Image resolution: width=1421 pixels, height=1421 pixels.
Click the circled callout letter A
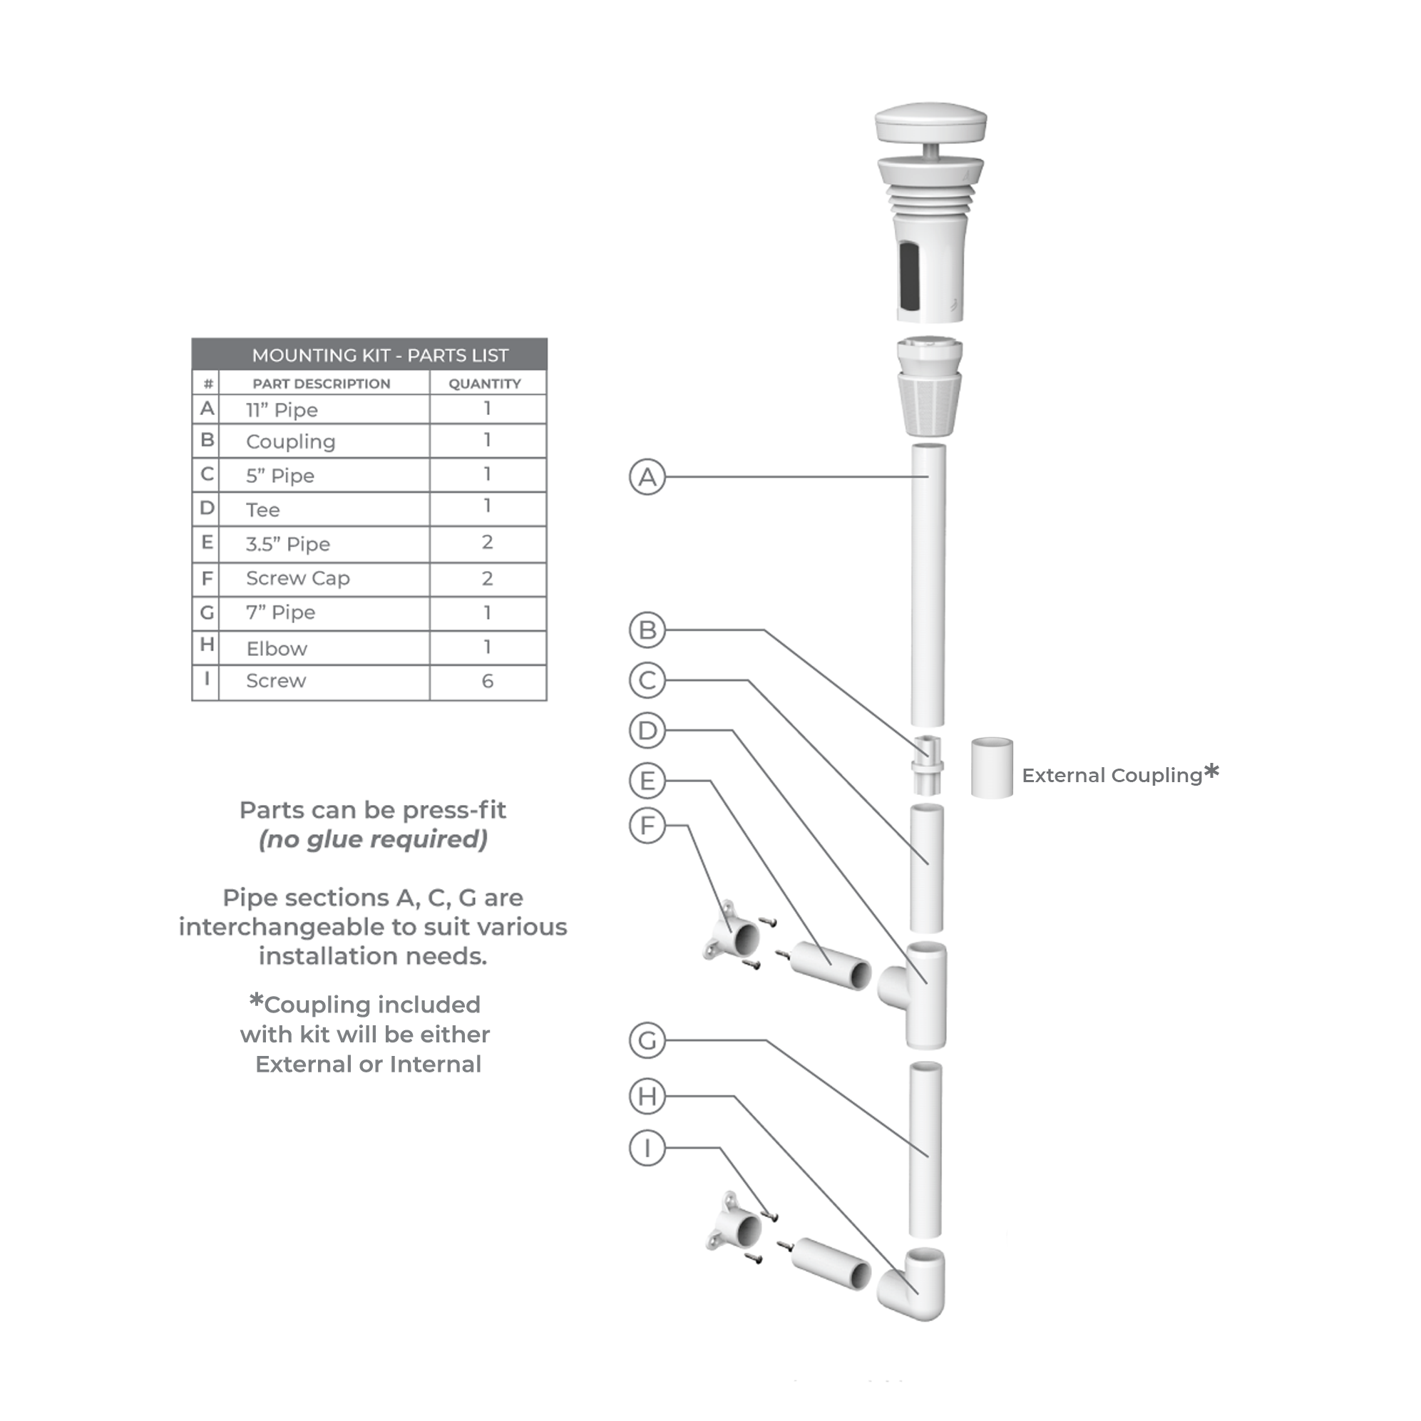pos(647,477)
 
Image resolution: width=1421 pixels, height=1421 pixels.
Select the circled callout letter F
pos(647,825)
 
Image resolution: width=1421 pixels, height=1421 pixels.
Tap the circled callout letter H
pos(647,1096)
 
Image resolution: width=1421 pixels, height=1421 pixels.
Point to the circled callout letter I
pos(647,1147)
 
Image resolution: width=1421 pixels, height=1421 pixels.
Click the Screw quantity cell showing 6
pos(487,681)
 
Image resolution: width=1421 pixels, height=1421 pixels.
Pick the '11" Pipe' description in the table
pos(282,410)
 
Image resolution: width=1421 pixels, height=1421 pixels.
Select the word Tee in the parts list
pos(262,510)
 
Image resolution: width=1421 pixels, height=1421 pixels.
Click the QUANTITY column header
pos(485,383)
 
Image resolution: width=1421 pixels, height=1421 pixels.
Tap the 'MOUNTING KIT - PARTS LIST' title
pos(379,355)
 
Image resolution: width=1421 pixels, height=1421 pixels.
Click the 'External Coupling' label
pos(1112,775)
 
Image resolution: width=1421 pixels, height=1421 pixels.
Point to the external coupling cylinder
pos(992,769)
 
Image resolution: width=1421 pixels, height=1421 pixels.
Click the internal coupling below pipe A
pos(928,766)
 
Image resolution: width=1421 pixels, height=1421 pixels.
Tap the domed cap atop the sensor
pos(930,123)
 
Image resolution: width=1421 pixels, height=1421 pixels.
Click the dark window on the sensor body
pos(909,275)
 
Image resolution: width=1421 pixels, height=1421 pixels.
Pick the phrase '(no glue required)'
pos(373,839)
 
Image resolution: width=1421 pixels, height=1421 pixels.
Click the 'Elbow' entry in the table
pos(277,649)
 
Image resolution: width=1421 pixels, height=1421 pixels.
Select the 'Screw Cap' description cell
pos(298,579)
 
